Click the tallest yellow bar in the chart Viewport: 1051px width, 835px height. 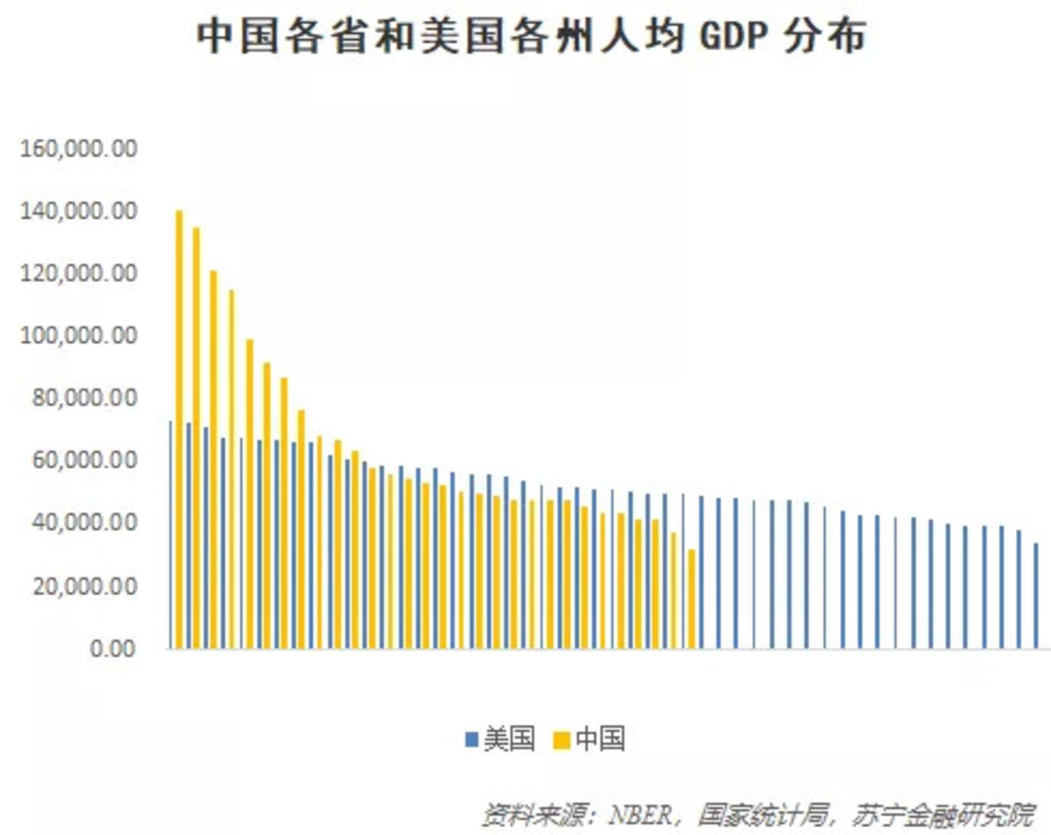[179, 428]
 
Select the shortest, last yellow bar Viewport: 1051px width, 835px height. [691, 598]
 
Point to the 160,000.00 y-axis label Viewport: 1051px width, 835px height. [79, 148]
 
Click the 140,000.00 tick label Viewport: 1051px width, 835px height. [79, 211]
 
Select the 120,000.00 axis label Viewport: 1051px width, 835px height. [79, 273]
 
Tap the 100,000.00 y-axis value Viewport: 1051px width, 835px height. [79, 335]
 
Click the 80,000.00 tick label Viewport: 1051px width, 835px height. [84, 398]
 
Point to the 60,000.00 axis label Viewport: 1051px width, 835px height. [84, 460]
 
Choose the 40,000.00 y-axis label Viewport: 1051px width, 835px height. [84, 522]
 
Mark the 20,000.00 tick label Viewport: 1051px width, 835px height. [84, 585]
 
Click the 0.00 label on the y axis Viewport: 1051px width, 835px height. [113, 648]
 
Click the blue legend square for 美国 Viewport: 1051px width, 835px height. [472, 740]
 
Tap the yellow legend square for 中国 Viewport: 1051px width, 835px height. [561, 740]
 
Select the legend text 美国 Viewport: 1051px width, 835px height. [509, 739]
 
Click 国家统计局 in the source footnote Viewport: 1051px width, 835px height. [763, 815]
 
